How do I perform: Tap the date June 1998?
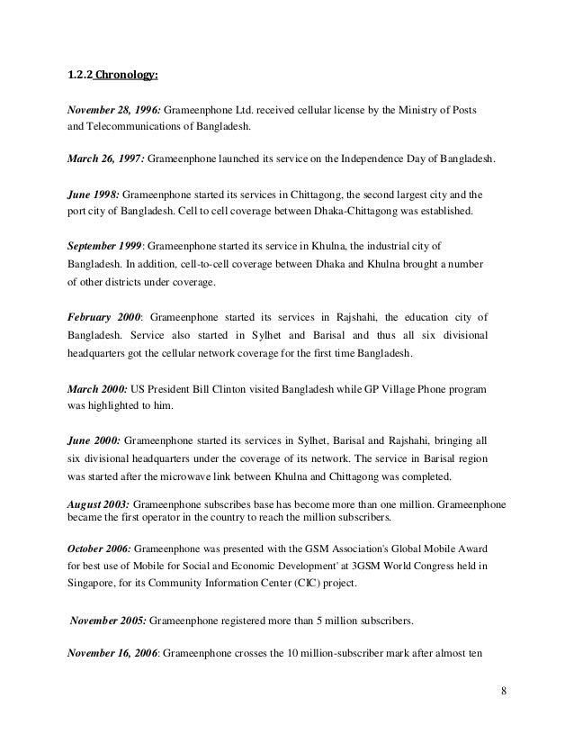tap(92, 194)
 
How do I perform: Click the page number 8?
tap(503, 693)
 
